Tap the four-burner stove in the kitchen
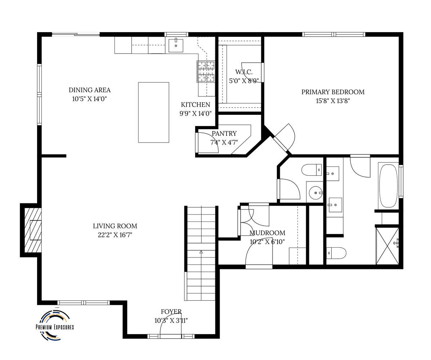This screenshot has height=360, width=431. pos(206,71)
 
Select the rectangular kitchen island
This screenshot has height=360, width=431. pos(154,112)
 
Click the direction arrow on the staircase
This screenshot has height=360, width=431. pos(201,252)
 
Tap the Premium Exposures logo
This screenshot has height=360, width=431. pos(55,325)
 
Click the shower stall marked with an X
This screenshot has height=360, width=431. pos(387,246)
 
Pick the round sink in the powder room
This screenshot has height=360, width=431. pos(316,193)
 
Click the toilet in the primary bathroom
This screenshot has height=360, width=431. pos(336,253)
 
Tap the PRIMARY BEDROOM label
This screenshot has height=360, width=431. pos(333,92)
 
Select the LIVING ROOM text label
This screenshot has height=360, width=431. pos(115,226)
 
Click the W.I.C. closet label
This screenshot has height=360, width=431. pos(244,72)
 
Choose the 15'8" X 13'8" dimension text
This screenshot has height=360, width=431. pos(333,101)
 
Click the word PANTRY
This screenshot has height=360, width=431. pos(224,134)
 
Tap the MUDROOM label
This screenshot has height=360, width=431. pos(267,233)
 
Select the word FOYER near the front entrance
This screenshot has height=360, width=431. pos(171,312)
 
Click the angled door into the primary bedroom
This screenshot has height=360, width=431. pos(283,138)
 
